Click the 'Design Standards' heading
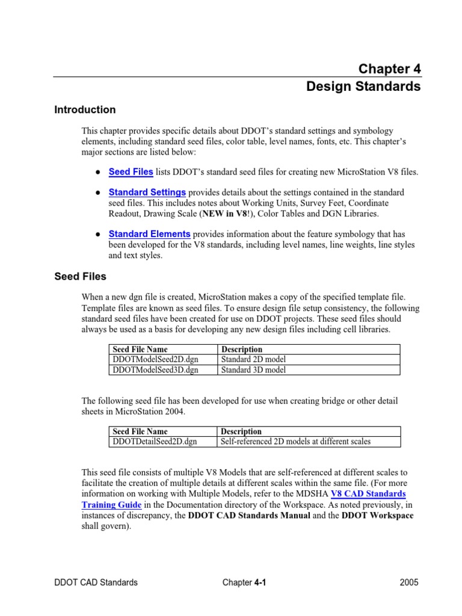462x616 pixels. tap(363, 87)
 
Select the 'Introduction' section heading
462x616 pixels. tap(85, 110)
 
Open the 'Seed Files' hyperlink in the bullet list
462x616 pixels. tap(131, 172)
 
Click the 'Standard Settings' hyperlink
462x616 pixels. tap(147, 192)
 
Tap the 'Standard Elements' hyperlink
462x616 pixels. tap(149, 234)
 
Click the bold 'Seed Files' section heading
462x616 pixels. tap(80, 277)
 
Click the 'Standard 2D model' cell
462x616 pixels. tap(253, 360)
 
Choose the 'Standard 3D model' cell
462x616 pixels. tap(253, 370)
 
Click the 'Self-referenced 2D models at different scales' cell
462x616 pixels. tap(295, 442)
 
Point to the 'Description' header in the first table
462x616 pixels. tap(242, 350)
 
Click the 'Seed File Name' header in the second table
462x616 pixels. tap(140, 431)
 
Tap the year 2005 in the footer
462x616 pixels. tap(408, 582)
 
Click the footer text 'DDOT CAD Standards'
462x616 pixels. tap(96, 582)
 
